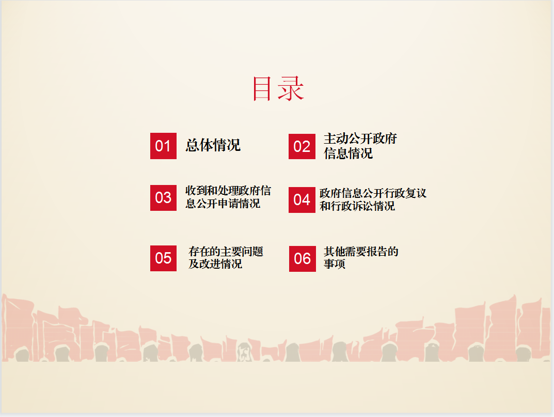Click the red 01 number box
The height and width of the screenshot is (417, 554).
pyautogui.click(x=163, y=146)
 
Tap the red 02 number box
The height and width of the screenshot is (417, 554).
pyautogui.click(x=302, y=146)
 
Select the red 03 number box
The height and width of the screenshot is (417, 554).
pyautogui.click(x=163, y=198)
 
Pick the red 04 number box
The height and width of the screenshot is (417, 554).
pyautogui.click(x=302, y=200)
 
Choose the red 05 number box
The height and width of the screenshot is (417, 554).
pyautogui.click(x=163, y=258)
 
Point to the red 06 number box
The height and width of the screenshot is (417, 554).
pyautogui.click(x=303, y=258)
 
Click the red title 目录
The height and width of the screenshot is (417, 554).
pyautogui.click(x=278, y=88)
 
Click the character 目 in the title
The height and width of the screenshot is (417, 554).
pyautogui.click(x=262, y=88)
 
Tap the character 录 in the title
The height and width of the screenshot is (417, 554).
pyautogui.click(x=291, y=88)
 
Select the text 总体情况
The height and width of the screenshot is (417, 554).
pyautogui.click(x=213, y=145)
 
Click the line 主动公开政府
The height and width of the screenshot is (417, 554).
pyautogui.click(x=360, y=138)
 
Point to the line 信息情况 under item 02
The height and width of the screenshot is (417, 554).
pyautogui.click(x=349, y=153)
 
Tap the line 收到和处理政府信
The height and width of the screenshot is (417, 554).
pyautogui.click(x=228, y=191)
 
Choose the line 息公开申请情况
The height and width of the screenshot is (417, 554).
pyautogui.click(x=223, y=204)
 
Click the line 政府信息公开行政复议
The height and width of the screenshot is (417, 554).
pyautogui.click(x=373, y=193)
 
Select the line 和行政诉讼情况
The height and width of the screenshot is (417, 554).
pyautogui.click(x=357, y=206)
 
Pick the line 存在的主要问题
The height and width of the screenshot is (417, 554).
pyautogui.click(x=226, y=252)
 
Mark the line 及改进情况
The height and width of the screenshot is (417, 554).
pyautogui.click(x=215, y=264)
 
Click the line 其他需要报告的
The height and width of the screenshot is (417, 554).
pyautogui.click(x=361, y=252)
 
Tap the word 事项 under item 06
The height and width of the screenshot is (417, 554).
pyautogui.click(x=335, y=264)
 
